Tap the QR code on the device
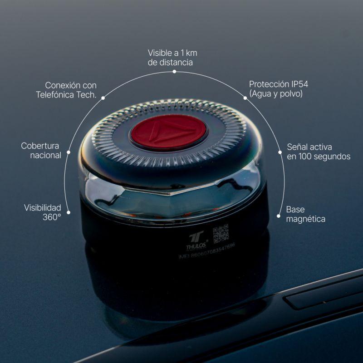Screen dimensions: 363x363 (x=221, y=233)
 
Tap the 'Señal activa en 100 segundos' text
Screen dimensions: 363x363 (x=319, y=152)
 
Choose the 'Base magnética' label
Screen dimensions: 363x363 (x=305, y=214)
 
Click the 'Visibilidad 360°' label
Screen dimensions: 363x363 (x=43, y=212)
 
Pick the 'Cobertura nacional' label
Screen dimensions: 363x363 (x=41, y=150)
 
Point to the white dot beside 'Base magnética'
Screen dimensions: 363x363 (x=279, y=215)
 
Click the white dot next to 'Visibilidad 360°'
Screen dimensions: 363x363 (x=69, y=211)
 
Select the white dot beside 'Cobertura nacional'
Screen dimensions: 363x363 (x=69, y=152)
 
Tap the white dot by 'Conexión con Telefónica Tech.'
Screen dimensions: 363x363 (x=103, y=98)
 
